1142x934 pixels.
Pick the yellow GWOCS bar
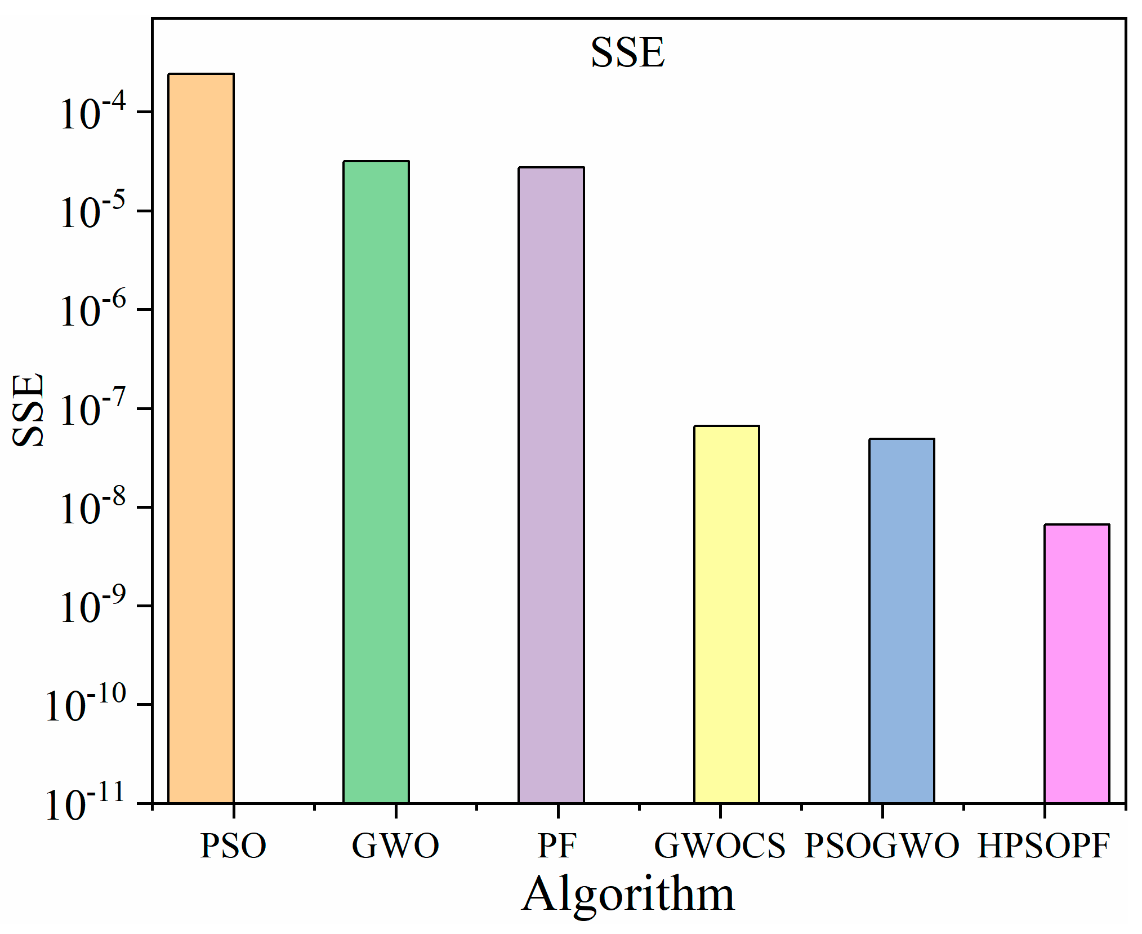(726, 614)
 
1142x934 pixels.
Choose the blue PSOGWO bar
(902, 620)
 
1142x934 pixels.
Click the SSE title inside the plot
(627, 52)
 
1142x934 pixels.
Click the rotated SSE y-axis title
(28, 410)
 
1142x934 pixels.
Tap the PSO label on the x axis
(233, 846)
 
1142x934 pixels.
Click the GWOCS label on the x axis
(720, 846)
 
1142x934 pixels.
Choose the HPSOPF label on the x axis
(1043, 846)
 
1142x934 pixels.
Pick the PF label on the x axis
(557, 846)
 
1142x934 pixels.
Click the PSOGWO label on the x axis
(882, 846)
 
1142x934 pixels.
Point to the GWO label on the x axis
(395, 846)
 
